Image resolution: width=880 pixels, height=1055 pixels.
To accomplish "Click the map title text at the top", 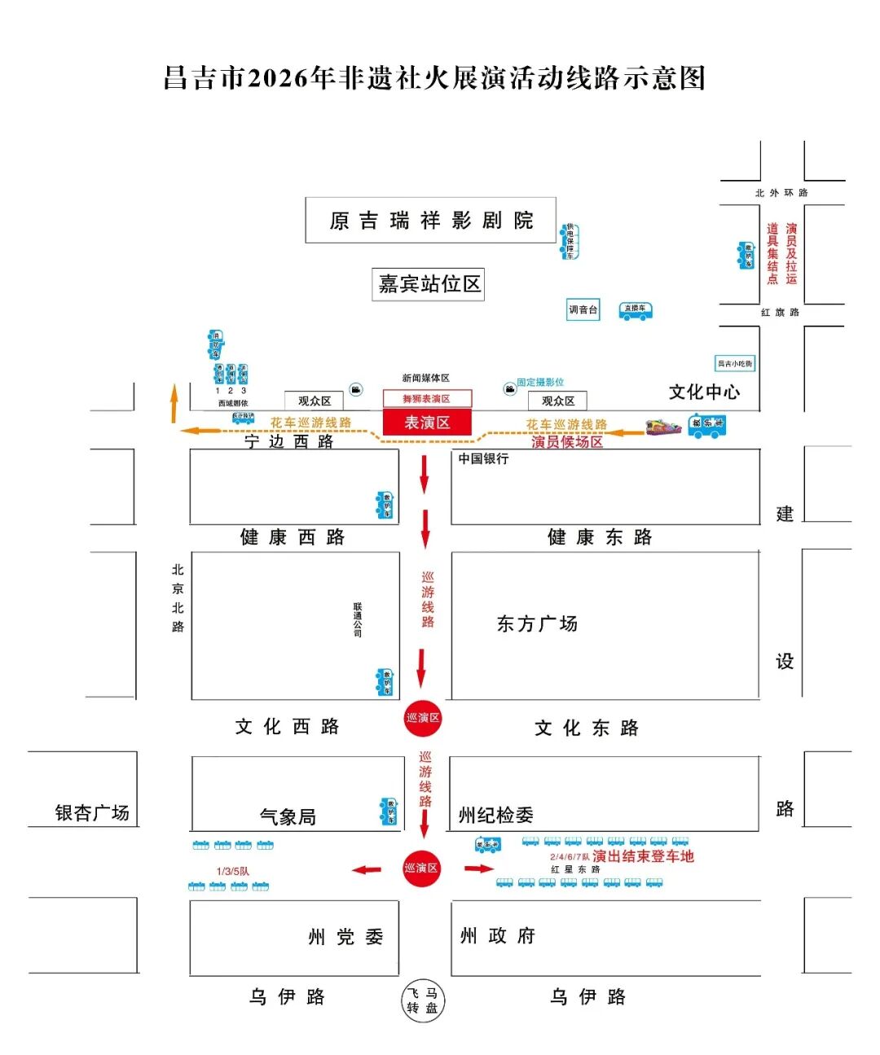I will pos(434,78).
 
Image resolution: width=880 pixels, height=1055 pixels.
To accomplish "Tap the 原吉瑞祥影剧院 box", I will pos(430,220).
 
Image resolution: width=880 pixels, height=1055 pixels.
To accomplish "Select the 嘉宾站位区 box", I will pos(429,284).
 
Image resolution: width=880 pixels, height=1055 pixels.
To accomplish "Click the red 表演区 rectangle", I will pos(427,422).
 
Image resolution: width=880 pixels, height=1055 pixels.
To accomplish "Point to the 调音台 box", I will pos(583,309).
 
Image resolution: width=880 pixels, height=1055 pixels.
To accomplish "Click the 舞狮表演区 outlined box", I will pos(427,399).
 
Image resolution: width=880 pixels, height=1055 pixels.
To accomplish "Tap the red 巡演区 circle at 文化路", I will pos(422,718).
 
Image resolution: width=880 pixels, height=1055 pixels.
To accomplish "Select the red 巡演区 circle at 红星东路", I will pos(421,869).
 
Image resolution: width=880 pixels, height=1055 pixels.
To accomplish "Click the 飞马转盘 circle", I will pos(423,1000).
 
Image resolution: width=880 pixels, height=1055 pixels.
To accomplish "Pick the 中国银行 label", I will pos(483,459).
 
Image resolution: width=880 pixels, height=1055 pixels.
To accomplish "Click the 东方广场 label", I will pos(537,624).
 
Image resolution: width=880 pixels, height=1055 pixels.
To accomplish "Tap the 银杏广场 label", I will pos(92,813).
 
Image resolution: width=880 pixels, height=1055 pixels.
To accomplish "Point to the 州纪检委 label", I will pos(495,815).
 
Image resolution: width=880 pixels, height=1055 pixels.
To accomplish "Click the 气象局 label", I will pos(288,816).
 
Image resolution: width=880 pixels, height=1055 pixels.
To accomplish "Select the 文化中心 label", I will pos(704,392).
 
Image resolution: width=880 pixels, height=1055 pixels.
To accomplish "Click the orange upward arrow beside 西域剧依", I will pos(174,405).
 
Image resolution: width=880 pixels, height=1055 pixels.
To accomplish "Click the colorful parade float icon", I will pos(664,427).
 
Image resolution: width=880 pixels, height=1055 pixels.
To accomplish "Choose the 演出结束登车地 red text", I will pos(643,856).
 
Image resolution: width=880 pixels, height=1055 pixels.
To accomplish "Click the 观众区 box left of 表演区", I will pos(315,401).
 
